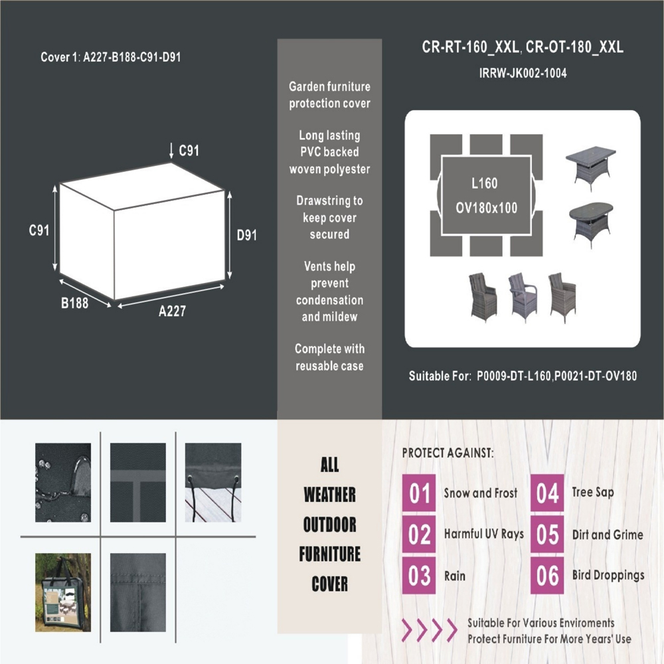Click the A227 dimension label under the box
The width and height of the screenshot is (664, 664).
coord(172,311)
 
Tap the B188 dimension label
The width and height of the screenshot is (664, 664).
coord(74,303)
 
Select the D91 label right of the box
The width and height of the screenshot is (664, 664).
coord(246,235)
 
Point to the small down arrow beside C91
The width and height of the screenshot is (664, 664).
coord(171,151)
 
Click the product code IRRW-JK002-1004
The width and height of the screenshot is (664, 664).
coord(523,73)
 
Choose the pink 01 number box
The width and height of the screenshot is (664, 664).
coord(419,493)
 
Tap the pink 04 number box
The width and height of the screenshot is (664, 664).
coord(547,493)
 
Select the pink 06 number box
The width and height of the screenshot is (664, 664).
coord(547,576)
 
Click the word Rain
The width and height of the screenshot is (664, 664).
coord(454,576)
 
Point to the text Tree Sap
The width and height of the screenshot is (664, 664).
coord(593,492)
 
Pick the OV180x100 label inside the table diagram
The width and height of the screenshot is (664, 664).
coord(486,208)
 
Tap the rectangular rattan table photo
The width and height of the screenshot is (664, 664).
coord(591,168)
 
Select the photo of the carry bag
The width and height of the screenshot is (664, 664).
coord(63,592)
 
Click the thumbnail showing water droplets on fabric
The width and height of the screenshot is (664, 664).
coord(63,482)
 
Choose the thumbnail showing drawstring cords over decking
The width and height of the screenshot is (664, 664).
coord(213,482)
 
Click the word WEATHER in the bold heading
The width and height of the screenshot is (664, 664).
coord(329,495)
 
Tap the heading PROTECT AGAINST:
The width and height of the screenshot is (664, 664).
coord(448,453)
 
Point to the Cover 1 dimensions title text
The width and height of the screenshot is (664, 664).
coord(110,57)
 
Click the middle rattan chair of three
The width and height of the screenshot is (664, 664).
coord(522,297)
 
